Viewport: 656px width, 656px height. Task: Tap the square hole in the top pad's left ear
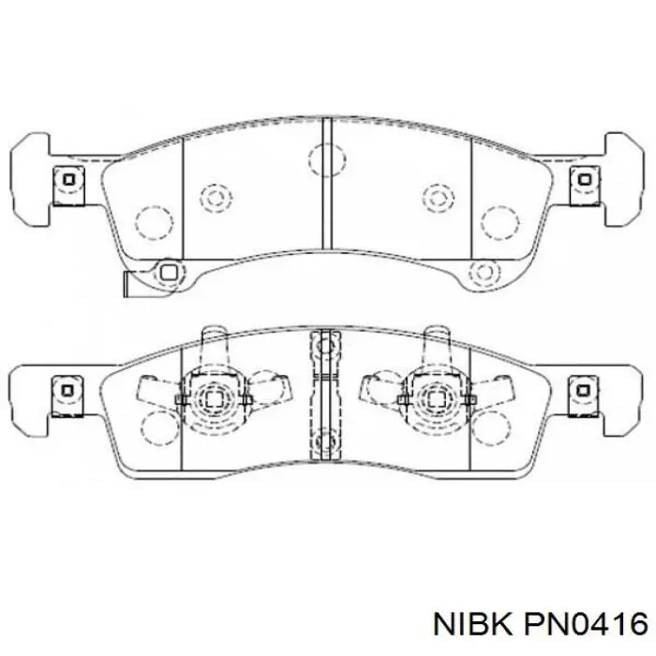pyautogui.click(x=68, y=180)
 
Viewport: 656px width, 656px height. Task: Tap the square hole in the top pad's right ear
pyautogui.click(x=585, y=180)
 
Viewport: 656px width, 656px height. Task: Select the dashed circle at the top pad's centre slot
pyautogui.click(x=328, y=160)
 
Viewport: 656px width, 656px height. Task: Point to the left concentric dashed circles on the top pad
pyautogui.click(x=216, y=197)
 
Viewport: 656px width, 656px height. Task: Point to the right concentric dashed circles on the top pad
pyautogui.click(x=438, y=197)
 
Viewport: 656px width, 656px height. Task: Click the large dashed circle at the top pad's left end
pyautogui.click(x=154, y=224)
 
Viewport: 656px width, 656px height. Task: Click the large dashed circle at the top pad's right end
pyautogui.click(x=499, y=224)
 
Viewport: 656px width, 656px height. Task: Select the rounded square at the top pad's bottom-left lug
pyautogui.click(x=169, y=273)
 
